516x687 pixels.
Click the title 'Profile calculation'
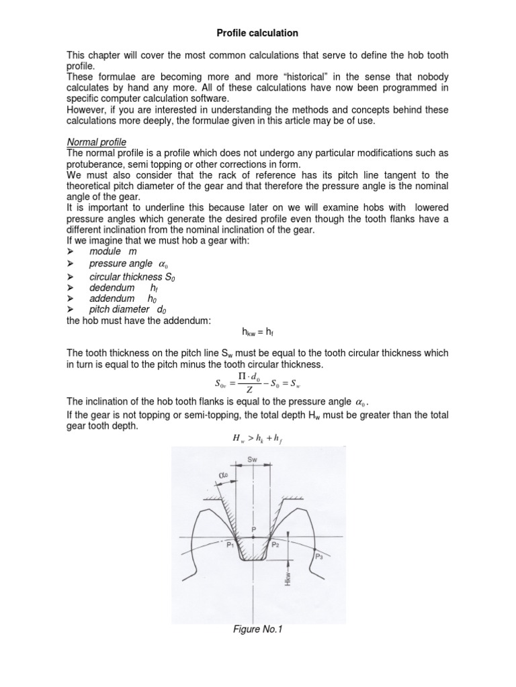(257, 32)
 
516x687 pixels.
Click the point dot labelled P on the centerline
(253, 537)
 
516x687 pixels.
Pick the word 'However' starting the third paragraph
(84, 110)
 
